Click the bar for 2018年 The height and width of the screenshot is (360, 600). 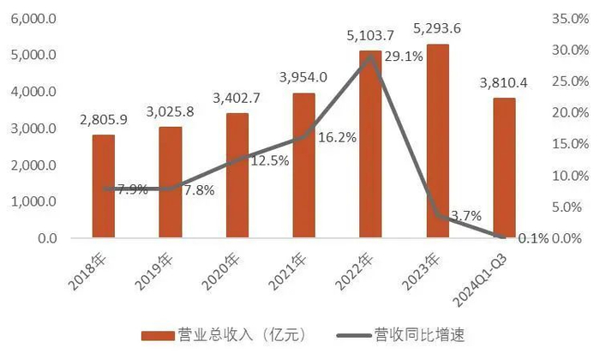pyautogui.click(x=103, y=186)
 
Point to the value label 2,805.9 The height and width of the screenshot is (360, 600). pyautogui.click(x=103, y=120)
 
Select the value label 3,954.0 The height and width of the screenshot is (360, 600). pyautogui.click(x=303, y=78)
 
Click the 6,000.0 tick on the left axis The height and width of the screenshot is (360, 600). pyautogui.click(x=33, y=18)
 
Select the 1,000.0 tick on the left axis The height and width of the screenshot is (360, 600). pyautogui.click(x=33, y=201)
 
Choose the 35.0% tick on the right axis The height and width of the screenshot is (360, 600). pyautogui.click(x=567, y=18)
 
